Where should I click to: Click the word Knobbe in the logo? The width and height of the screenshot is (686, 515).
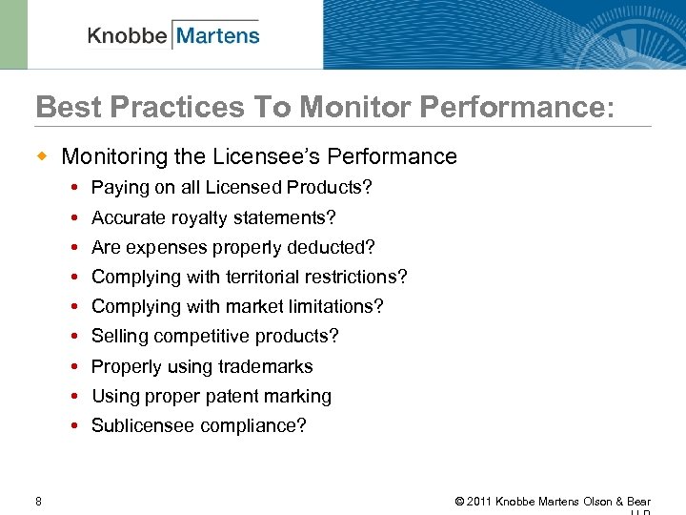128,36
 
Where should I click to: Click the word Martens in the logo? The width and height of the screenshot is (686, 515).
218,36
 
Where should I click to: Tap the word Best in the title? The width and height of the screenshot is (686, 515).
64,107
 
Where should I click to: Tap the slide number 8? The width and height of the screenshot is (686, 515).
38,502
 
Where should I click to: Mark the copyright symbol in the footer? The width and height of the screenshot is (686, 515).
460,502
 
